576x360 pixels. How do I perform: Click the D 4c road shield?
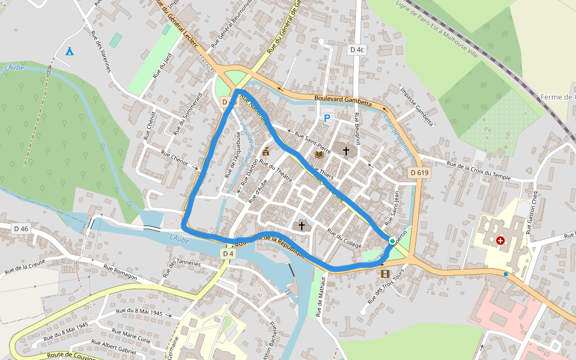[357, 50]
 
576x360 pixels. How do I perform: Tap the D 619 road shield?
[420, 173]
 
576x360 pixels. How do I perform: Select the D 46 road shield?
[21, 229]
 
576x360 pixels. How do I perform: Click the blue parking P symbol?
[327, 118]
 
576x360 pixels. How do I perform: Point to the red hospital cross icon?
[500, 241]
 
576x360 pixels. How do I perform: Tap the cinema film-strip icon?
[384, 274]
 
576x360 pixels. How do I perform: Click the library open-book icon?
[319, 154]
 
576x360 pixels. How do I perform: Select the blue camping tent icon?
[70, 51]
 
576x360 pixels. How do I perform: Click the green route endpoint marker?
[392, 241]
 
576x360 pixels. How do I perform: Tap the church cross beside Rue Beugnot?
[346, 150]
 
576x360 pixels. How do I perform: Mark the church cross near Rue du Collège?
[302, 226]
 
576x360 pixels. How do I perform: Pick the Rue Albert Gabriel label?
[114, 346]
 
